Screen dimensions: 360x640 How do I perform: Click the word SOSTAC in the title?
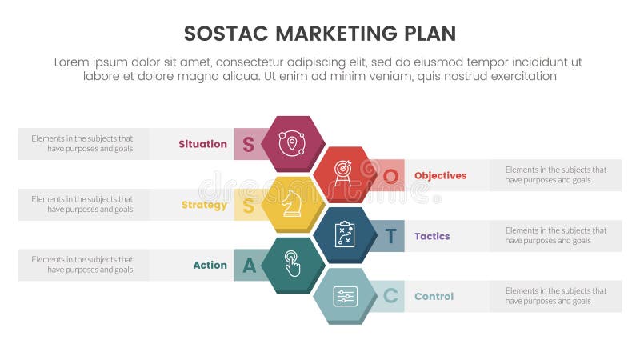click(x=226, y=33)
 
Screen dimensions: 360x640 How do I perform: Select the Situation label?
click(x=203, y=144)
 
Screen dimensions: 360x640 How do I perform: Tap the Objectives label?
click(x=440, y=175)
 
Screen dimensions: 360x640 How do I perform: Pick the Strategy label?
click(x=204, y=205)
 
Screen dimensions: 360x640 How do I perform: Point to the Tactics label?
click(x=432, y=236)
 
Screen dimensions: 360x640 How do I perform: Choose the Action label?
click(x=210, y=265)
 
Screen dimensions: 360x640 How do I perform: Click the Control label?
click(x=434, y=296)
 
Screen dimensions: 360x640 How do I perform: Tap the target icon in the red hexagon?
click(x=344, y=174)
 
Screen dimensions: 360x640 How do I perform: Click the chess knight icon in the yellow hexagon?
click(x=293, y=204)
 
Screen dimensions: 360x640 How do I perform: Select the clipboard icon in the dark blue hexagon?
click(x=344, y=234)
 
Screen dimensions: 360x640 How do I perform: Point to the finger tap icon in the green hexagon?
click(x=293, y=265)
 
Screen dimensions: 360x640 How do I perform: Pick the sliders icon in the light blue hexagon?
click(x=344, y=296)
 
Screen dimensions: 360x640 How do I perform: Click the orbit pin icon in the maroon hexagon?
click(x=293, y=143)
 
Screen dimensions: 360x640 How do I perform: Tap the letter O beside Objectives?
click(x=390, y=175)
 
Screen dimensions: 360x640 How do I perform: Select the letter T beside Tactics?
click(x=390, y=236)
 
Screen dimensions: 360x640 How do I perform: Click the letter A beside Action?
click(x=249, y=266)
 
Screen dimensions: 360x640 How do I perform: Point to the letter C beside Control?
click(x=390, y=297)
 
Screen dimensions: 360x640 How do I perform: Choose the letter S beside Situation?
click(x=248, y=145)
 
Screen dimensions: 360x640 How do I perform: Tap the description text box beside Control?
click(x=555, y=296)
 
